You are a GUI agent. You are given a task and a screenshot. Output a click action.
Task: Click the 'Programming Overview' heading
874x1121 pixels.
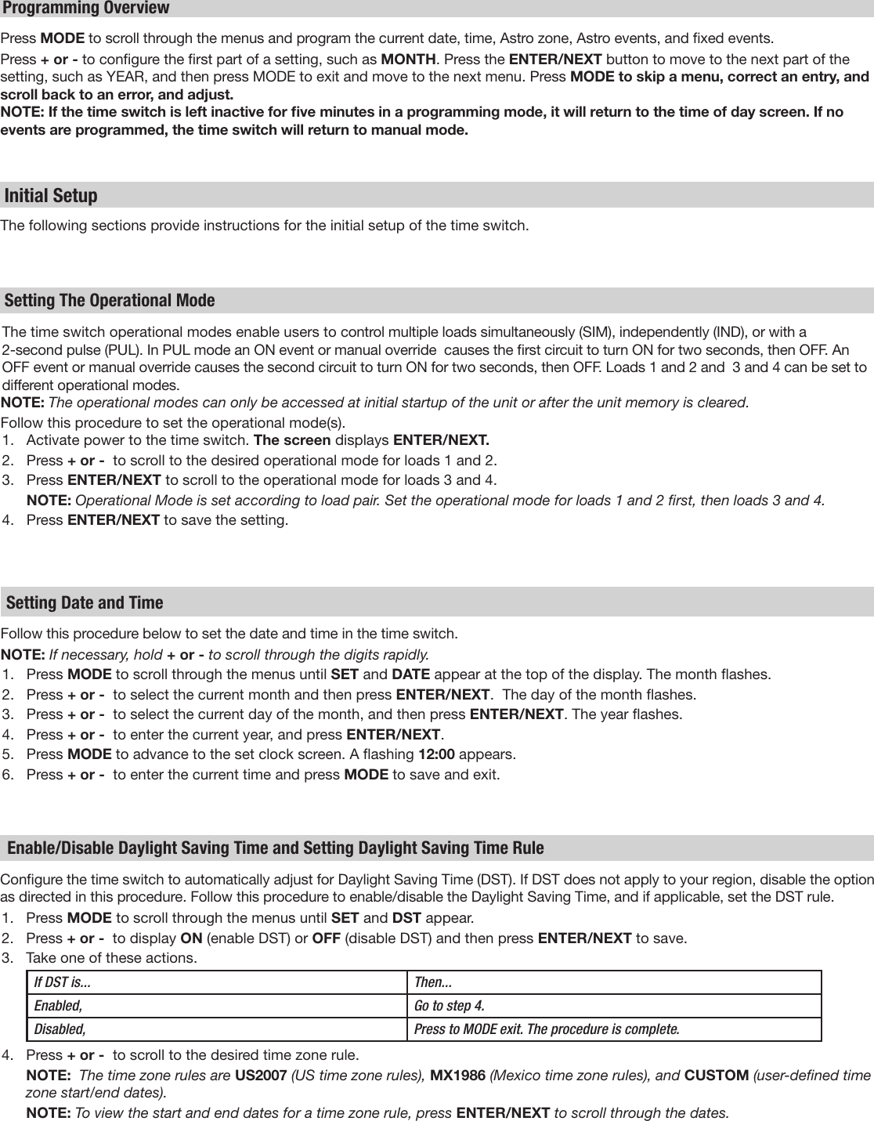[x=86, y=9]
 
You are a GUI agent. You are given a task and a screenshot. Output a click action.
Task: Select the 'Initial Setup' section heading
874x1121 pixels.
[x=52, y=195]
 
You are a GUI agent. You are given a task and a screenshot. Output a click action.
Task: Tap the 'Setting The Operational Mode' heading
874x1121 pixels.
[x=110, y=301]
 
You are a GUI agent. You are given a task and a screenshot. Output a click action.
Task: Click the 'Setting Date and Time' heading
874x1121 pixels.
[x=85, y=602]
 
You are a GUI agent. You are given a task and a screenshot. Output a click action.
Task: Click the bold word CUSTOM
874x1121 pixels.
[x=717, y=1076]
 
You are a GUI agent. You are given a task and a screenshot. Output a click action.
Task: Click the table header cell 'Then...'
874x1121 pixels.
[x=432, y=982]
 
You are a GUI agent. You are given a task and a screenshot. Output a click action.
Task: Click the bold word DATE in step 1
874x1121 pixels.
[x=410, y=674]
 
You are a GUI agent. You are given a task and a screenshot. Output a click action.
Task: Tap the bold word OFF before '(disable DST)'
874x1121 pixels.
[x=325, y=938]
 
